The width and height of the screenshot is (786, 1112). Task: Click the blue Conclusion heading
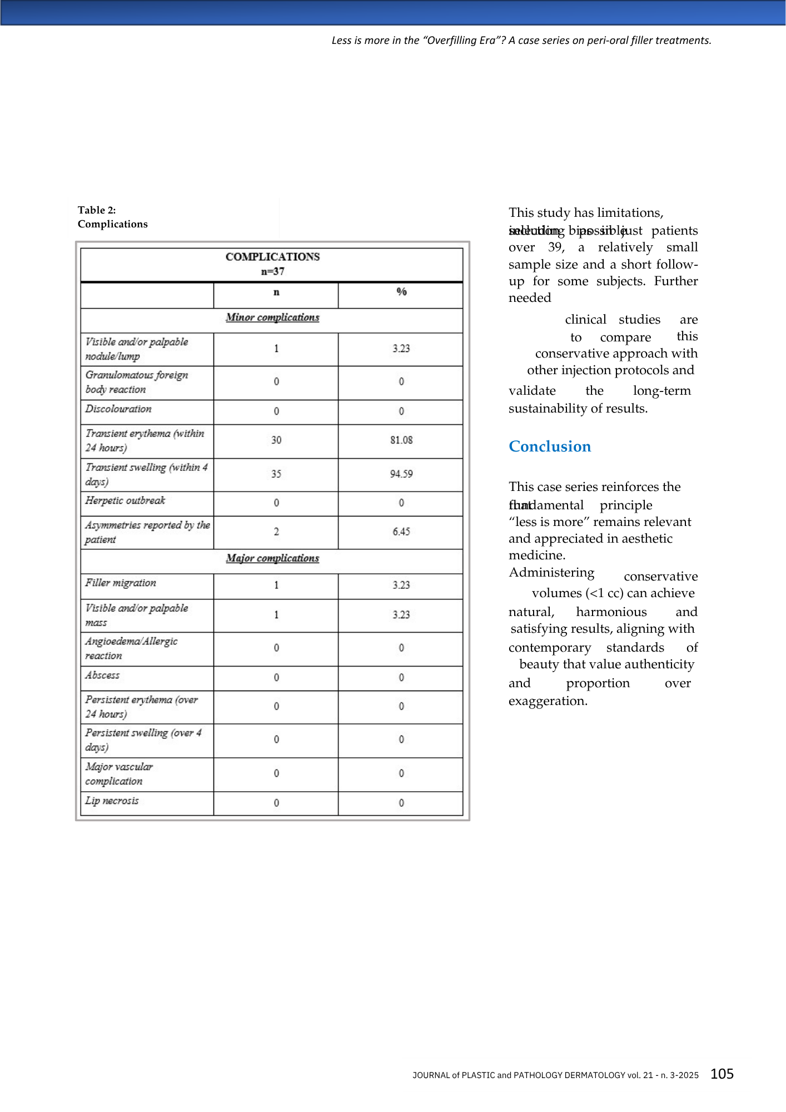click(550, 446)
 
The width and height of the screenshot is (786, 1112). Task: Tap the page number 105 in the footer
click(722, 1074)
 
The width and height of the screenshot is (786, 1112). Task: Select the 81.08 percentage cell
click(401, 440)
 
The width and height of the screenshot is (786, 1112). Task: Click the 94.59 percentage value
click(401, 474)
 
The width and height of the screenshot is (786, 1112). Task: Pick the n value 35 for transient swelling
click(276, 474)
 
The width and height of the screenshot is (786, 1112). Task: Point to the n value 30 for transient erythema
click(276, 440)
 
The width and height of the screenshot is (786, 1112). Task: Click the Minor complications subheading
click(272, 317)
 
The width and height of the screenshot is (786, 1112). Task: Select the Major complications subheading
click(272, 558)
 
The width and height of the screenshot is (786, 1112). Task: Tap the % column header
click(401, 292)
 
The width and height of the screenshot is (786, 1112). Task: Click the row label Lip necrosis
click(112, 801)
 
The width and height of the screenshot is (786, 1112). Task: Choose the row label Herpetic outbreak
click(125, 500)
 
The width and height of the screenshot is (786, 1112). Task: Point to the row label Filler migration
click(121, 583)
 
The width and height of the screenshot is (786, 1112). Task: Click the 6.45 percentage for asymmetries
click(401, 532)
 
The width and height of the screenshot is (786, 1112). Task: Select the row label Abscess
click(102, 675)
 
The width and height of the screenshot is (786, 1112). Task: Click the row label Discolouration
click(118, 409)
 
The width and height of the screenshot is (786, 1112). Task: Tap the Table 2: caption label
click(97, 210)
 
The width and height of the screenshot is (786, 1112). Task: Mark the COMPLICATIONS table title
click(272, 257)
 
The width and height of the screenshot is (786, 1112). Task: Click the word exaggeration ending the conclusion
click(547, 701)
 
